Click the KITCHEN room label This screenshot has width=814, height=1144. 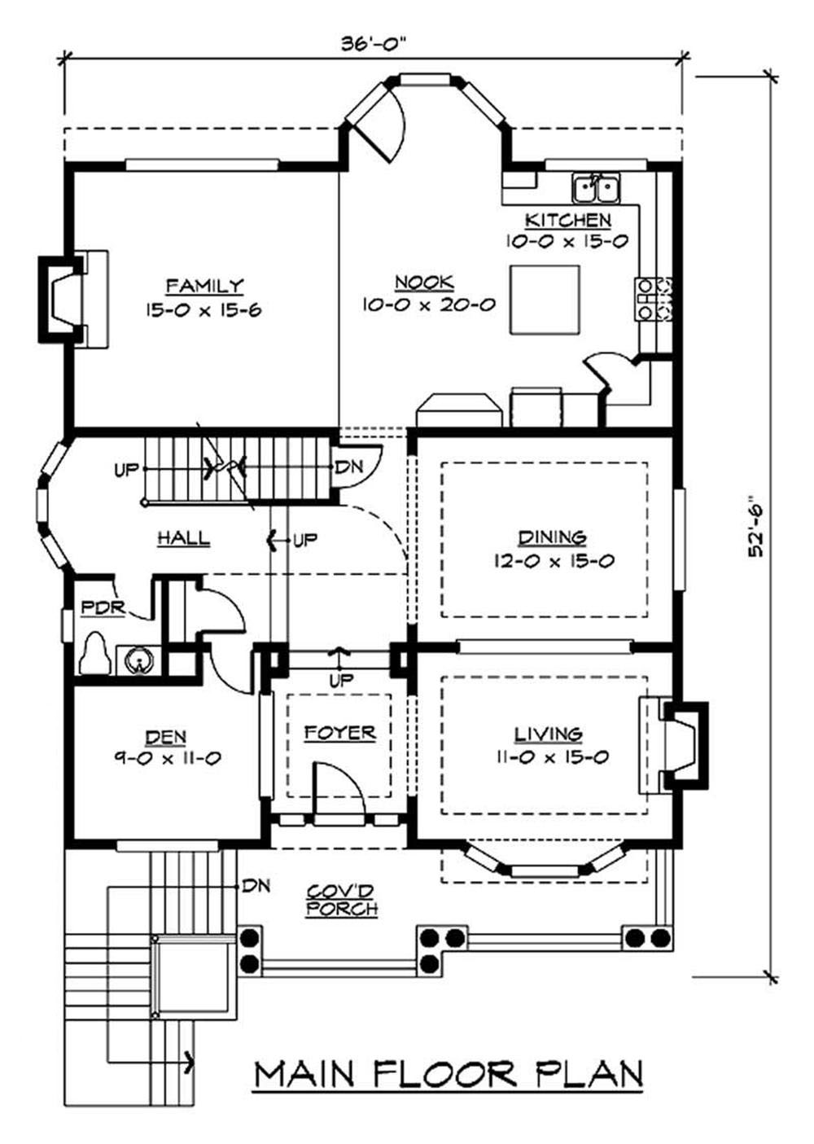[x=568, y=220]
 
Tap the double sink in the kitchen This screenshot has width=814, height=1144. [x=597, y=187]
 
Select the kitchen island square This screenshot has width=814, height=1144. [x=545, y=300]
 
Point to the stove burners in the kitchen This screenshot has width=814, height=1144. [x=653, y=299]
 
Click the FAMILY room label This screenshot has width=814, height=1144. [x=205, y=286]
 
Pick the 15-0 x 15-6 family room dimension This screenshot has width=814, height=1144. [x=203, y=310]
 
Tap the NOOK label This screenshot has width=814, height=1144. [x=425, y=282]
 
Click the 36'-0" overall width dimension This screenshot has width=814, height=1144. [x=374, y=44]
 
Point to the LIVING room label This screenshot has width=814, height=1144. [x=548, y=734]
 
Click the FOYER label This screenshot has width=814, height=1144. [x=340, y=732]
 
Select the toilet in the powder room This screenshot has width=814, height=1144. [x=95, y=654]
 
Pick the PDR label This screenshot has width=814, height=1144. [x=103, y=608]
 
